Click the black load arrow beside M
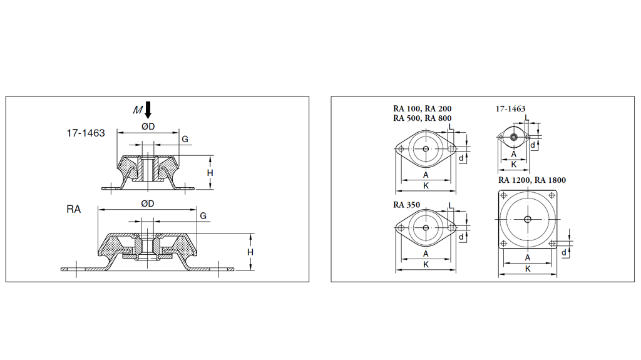point(148,110)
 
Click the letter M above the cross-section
point(138,110)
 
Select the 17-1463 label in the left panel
point(86,133)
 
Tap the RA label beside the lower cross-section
point(74,209)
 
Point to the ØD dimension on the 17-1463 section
point(148,127)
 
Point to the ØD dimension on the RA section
point(148,203)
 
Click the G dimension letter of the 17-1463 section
point(185,139)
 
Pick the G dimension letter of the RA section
point(203,216)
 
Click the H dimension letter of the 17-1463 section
point(210,173)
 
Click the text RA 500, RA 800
point(422,118)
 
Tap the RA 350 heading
point(407,204)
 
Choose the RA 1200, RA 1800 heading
point(531,180)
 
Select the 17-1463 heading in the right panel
point(510,109)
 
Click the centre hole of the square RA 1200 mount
point(528,219)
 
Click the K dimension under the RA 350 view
point(426,265)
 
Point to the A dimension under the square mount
point(528,257)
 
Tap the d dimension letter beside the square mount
point(564,252)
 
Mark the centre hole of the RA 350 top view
point(426,228)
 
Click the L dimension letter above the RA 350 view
point(451,205)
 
